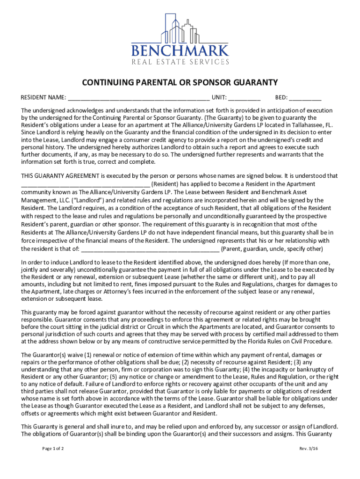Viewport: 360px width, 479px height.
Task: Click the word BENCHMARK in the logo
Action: (x=180, y=51)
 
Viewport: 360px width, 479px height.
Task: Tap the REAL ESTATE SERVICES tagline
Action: (x=180, y=62)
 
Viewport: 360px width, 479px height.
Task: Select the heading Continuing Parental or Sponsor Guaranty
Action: (x=180, y=83)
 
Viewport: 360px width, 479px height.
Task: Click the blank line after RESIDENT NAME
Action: (x=139, y=99)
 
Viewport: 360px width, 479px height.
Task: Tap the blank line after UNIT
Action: (x=245, y=99)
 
